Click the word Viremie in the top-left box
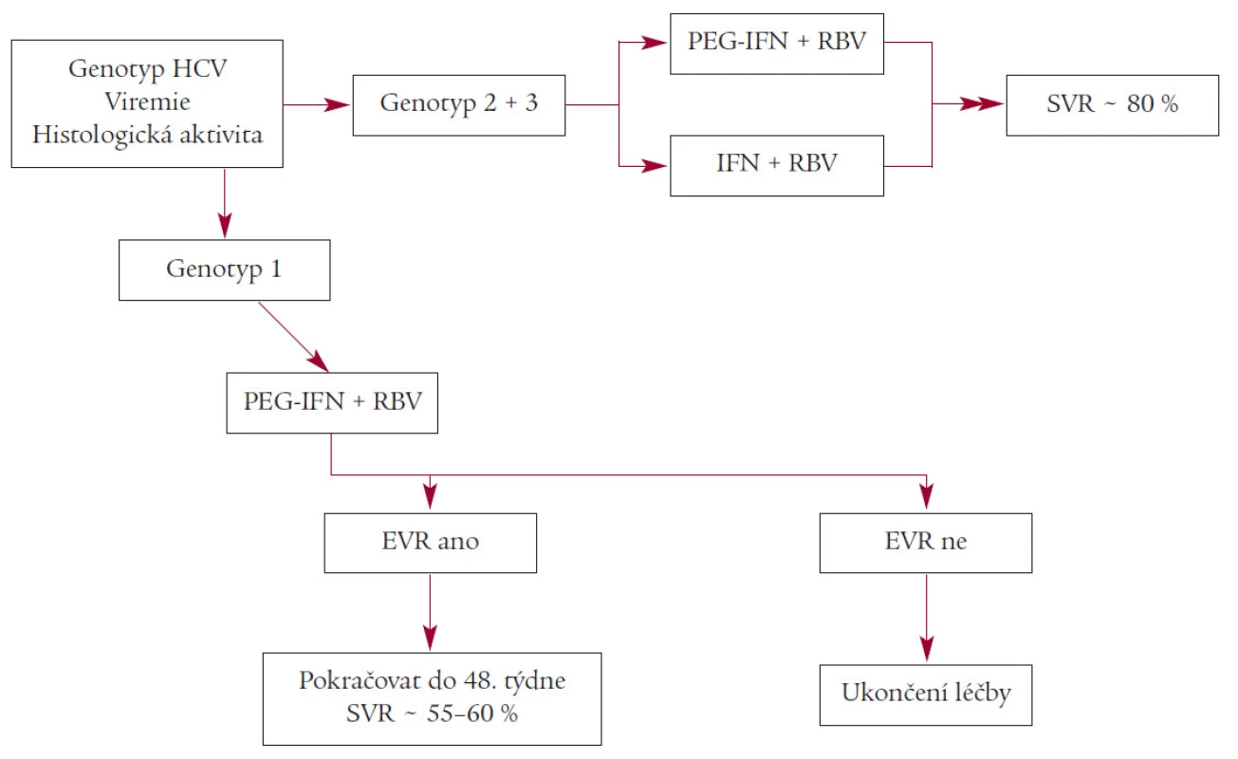tap(147, 102)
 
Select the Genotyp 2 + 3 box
tap(459, 105)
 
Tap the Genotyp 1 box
tap(225, 269)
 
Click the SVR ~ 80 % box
tap(1112, 105)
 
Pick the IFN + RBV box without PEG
tap(777, 165)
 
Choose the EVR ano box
tap(430, 543)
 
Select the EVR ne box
tap(926, 543)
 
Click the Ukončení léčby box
tap(926, 694)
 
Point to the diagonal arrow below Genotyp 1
tap(293, 337)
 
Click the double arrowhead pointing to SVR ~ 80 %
tap(981, 103)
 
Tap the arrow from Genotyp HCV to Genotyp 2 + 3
tap(317, 104)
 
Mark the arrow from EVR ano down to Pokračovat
tap(430, 613)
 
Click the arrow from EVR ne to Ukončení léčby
tap(927, 618)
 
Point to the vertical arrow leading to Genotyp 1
tap(225, 203)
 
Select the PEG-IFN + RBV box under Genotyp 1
tap(332, 402)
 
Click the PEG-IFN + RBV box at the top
tap(777, 44)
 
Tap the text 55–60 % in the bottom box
tap(472, 713)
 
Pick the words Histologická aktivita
tap(147, 135)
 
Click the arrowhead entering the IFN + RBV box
tap(655, 166)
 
